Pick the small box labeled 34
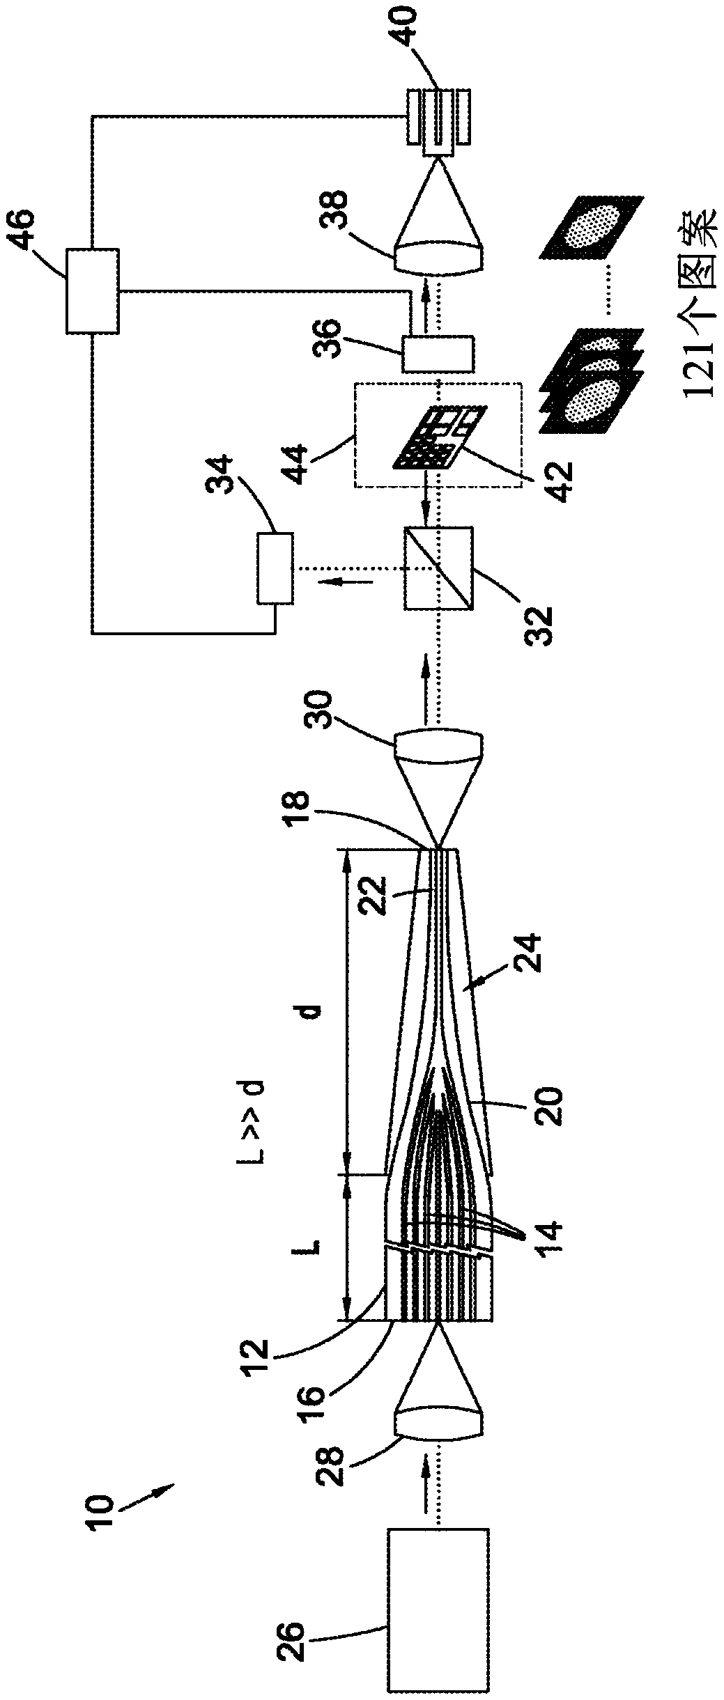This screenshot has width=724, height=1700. click(275, 568)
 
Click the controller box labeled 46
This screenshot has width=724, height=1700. click(92, 290)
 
